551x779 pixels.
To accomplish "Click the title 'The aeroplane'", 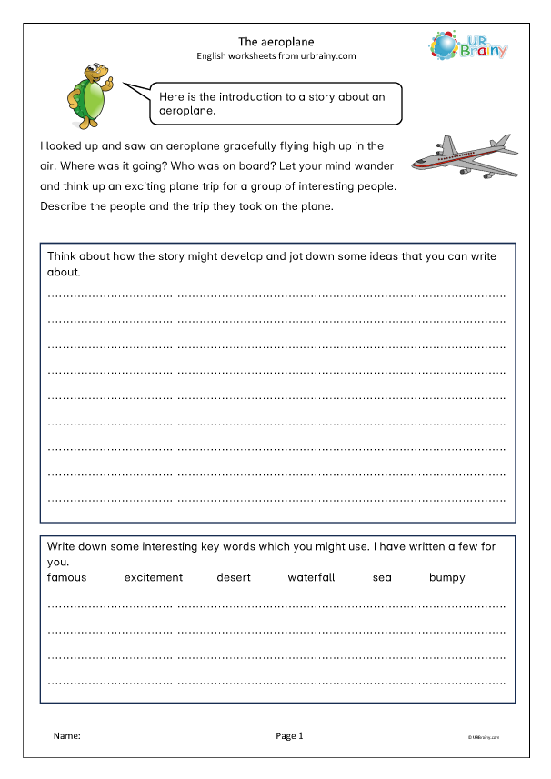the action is tap(275, 41).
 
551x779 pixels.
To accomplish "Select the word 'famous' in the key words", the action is tap(67, 577).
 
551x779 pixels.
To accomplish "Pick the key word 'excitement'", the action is tap(154, 577).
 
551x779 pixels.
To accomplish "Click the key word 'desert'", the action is tap(234, 577).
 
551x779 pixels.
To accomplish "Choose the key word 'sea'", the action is tap(382, 577).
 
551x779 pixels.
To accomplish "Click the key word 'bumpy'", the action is tap(446, 577).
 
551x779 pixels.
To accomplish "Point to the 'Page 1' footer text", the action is tap(289, 735).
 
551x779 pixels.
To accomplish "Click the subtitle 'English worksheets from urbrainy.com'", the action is tap(275, 55).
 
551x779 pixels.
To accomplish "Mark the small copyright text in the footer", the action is tap(485, 737).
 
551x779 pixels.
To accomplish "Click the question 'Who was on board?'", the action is tap(219, 165).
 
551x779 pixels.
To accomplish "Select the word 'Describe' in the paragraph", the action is tap(65, 205).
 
